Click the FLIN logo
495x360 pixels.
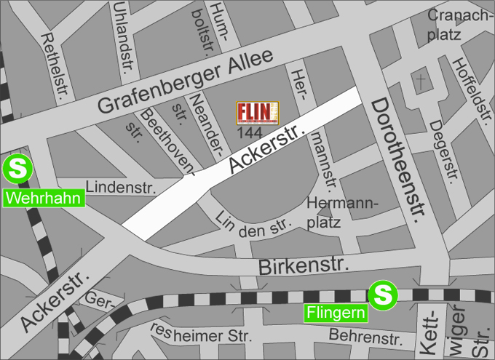[258, 113]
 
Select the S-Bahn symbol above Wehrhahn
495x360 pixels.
[16, 169]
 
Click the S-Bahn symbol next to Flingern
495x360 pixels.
[382, 295]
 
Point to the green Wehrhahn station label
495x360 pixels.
[44, 198]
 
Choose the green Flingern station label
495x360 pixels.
[336, 313]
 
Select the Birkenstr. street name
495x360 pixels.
[299, 265]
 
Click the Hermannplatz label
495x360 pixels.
[342, 212]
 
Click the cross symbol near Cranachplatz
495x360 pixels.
[420, 81]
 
